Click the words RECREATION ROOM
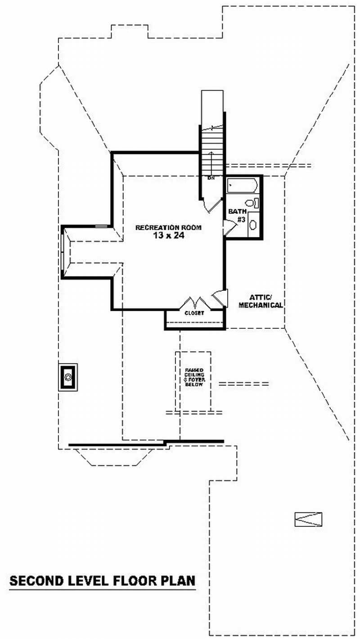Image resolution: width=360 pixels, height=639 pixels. [168, 227]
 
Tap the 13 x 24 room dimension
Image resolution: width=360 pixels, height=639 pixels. [168, 235]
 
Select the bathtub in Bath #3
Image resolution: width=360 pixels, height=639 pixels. [242, 186]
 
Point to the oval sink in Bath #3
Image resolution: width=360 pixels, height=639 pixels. [253, 224]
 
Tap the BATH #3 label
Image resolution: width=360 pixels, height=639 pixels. [236, 215]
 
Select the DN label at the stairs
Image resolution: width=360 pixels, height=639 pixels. [211, 178]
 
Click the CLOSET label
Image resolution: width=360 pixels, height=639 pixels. [194, 313]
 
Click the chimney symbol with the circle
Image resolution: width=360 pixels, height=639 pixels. [68, 376]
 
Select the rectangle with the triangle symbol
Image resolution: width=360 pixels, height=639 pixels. [308, 519]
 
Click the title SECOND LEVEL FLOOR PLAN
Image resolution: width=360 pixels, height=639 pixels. [103, 580]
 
